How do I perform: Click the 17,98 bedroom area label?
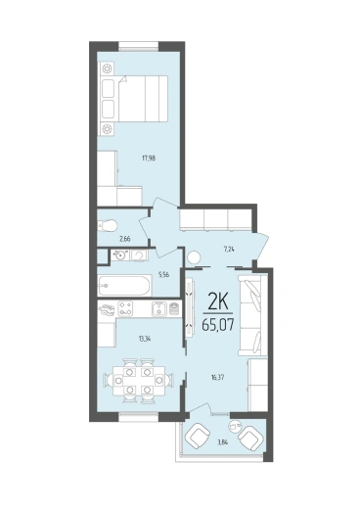tap(149, 159)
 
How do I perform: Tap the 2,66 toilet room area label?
tap(125, 239)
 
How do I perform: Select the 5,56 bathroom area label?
tap(163, 275)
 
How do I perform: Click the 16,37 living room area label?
tap(218, 378)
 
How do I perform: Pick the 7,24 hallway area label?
tap(229, 250)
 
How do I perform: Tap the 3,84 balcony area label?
tap(222, 442)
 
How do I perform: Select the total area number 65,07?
tap(218, 324)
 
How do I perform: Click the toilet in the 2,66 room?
tap(107, 225)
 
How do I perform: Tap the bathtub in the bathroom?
tap(124, 286)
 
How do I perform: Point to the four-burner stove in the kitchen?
tap(125, 308)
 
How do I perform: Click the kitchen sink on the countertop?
tap(159, 308)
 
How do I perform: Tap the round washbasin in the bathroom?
tap(121, 255)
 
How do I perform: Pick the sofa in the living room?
tap(253, 315)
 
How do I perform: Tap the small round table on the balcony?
tap(235, 426)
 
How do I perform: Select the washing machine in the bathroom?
tap(140, 254)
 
